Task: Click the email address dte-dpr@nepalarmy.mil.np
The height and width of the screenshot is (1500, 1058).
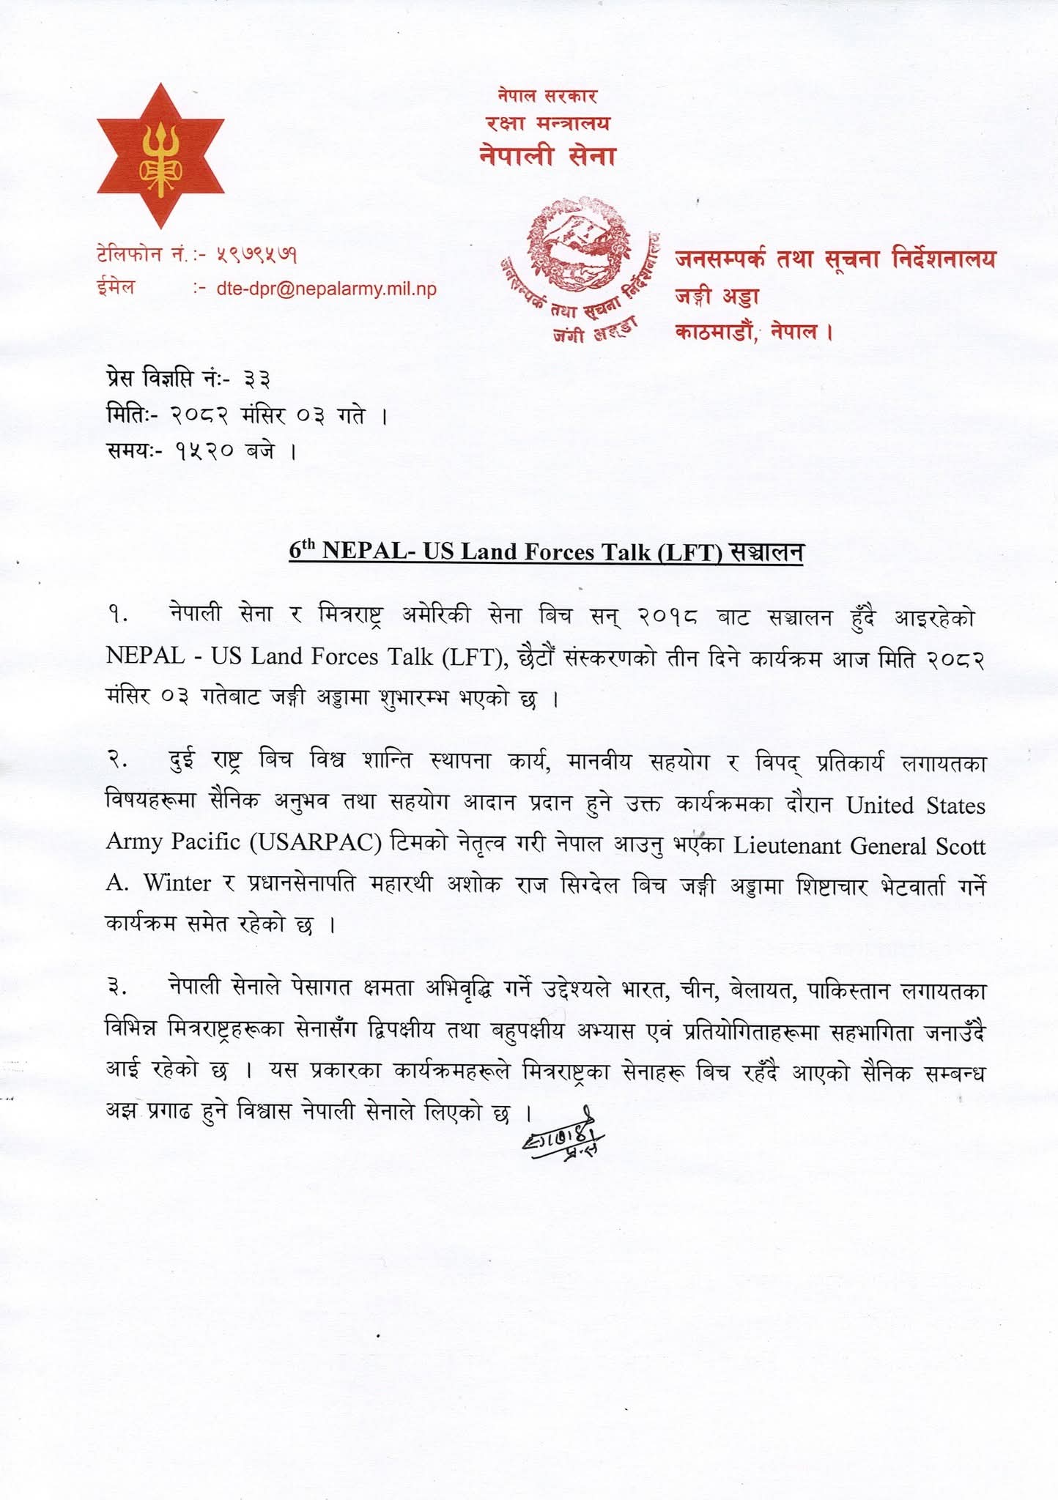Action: pyautogui.click(x=326, y=289)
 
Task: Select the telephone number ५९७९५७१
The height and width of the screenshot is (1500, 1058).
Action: pyautogui.click(x=256, y=255)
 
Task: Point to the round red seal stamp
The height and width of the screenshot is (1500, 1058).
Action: pyautogui.click(x=579, y=249)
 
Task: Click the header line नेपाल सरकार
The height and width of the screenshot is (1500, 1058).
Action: pyautogui.click(x=547, y=95)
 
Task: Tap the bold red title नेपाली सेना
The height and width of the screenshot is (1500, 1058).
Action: pyautogui.click(x=547, y=155)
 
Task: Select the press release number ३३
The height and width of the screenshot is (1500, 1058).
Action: pyautogui.click(x=257, y=379)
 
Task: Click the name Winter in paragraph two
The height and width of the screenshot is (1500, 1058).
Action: pyautogui.click(x=177, y=883)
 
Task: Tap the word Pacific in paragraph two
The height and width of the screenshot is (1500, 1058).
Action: pyautogui.click(x=206, y=842)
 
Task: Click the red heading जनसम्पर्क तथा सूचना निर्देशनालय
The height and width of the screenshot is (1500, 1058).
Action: pyautogui.click(x=835, y=259)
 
